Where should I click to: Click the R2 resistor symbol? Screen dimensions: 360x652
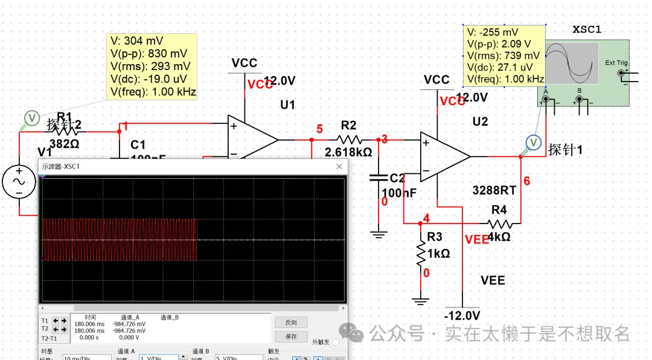click(x=349, y=140)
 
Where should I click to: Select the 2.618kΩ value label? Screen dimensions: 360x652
click(x=348, y=152)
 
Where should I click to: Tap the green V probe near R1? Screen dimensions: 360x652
click(x=32, y=117)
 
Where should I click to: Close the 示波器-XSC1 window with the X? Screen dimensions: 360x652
click(x=339, y=167)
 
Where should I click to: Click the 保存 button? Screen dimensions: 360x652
click(x=291, y=336)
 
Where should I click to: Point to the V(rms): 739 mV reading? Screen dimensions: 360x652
click(x=503, y=56)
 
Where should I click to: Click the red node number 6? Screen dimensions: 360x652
click(x=526, y=181)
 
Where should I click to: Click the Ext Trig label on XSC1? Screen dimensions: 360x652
click(x=616, y=63)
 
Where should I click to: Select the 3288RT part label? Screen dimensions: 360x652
click(x=494, y=191)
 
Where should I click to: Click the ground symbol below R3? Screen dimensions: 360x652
click(x=420, y=300)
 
